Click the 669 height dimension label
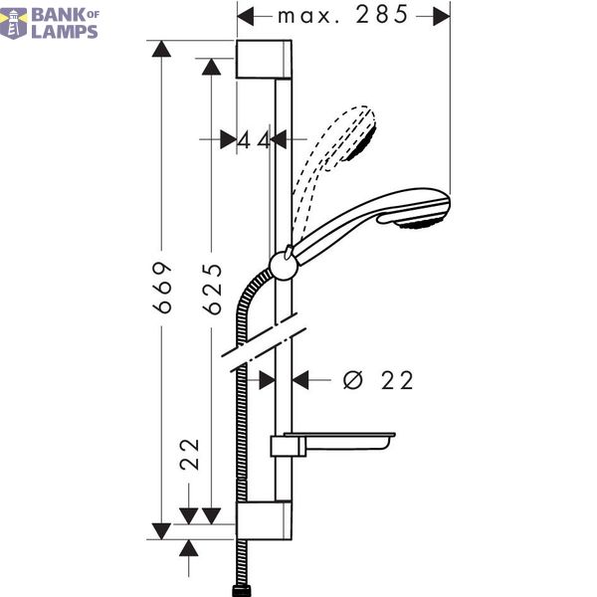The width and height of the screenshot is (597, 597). tap(162, 288)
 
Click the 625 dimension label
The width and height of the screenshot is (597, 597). tap(212, 290)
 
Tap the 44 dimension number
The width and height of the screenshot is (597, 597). tap(254, 141)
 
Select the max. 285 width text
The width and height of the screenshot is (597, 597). tap(342, 15)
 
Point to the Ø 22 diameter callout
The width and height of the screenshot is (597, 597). tap(378, 380)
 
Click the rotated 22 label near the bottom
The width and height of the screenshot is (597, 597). tap(190, 455)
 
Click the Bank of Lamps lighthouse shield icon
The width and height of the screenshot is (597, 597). tap(14, 24)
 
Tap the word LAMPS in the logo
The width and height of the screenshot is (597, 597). tap(65, 32)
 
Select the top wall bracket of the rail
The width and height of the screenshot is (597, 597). tap(264, 59)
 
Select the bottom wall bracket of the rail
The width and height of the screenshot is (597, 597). tap(264, 520)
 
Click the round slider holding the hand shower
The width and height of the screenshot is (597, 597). tap(284, 266)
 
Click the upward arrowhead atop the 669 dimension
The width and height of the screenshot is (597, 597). tap(161, 49)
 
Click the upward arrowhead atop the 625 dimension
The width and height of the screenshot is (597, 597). tap(211, 67)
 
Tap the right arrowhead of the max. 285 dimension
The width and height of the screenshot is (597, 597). tap(442, 16)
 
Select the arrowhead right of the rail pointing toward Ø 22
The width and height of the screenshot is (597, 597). tap(300, 380)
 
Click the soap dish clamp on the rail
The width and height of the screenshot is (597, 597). tap(289, 446)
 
